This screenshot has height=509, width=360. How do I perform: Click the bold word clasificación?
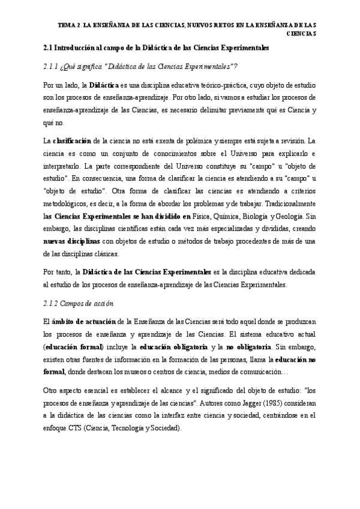[72, 140]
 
